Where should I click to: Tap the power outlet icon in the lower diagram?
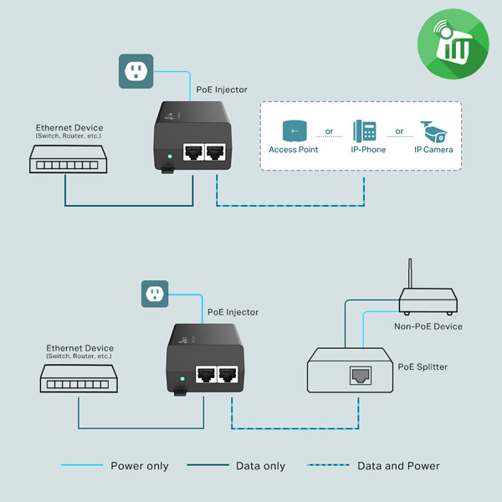[154, 293]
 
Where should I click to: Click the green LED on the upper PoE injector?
[170, 156]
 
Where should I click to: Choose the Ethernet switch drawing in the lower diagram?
[78, 382]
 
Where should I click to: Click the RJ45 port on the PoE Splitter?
[361, 375]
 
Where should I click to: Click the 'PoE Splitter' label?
[423, 366]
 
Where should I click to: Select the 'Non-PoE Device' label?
[428, 326]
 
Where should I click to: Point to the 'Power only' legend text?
[140, 466]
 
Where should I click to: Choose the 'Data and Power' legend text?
[398, 466]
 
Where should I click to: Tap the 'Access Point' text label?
[294, 150]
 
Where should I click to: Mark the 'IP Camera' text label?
[433, 150]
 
